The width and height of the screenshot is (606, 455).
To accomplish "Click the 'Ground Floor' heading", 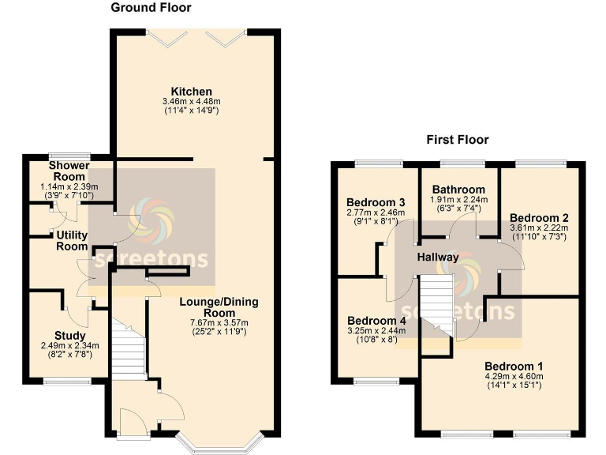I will (151, 8).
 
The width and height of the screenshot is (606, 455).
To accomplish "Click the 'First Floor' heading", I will (458, 140).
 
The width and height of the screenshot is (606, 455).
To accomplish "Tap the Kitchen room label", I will (192, 92).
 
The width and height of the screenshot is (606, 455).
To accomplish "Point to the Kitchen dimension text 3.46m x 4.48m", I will (192, 102).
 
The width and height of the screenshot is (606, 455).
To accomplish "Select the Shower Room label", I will (69, 171).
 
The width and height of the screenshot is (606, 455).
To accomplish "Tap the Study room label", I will (70, 336).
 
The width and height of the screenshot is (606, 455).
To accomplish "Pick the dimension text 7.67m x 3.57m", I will (219, 322).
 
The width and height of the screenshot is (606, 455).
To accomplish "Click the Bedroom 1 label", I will (514, 367).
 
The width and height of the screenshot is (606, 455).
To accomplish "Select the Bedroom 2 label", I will (539, 217).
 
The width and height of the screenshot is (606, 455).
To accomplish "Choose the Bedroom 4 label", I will (376, 320).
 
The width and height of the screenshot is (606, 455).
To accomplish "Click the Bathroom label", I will (458, 190).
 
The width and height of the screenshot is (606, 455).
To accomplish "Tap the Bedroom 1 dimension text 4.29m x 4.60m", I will (514, 377).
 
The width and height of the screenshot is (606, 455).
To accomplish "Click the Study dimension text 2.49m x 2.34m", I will (70, 345).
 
